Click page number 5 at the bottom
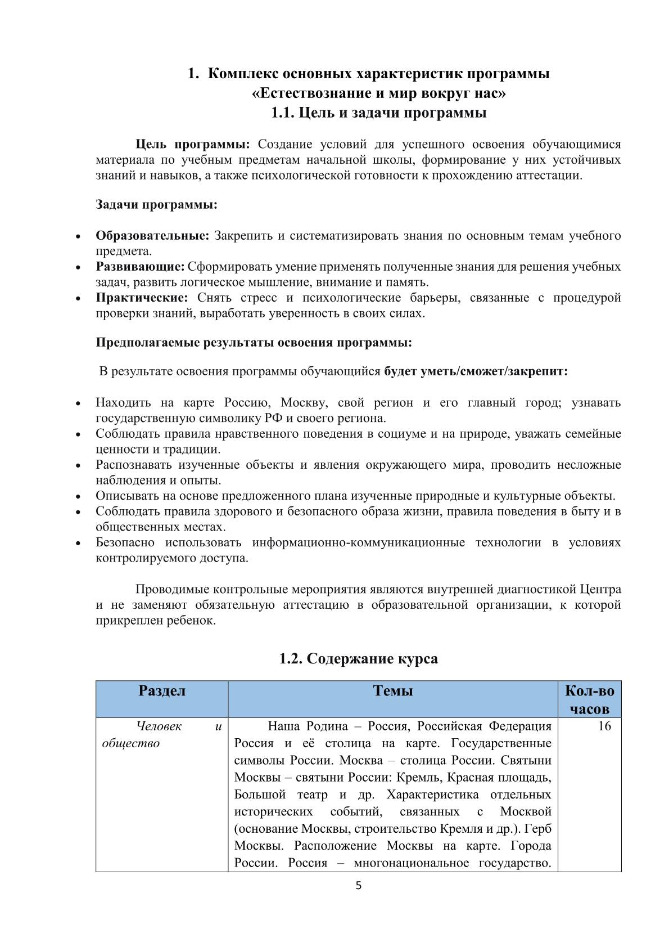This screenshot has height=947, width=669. pos(359,886)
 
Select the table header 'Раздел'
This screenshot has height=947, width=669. pos(162,690)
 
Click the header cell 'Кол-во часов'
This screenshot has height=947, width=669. pos(589,699)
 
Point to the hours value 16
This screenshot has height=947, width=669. pos(604,726)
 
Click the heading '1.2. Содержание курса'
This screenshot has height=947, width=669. pos(358,658)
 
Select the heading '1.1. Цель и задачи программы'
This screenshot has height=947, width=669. pos(378,113)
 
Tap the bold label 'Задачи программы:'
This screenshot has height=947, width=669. pos(156,204)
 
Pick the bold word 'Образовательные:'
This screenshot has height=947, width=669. pos(152,235)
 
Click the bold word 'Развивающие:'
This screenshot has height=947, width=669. pos(140,266)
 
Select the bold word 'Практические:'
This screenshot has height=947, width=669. pos(142,297)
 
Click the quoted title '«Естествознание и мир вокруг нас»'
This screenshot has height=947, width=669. pos(378,93)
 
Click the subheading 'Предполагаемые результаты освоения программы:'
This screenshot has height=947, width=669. pos(254,342)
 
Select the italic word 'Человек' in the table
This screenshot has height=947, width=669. pos(160,726)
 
